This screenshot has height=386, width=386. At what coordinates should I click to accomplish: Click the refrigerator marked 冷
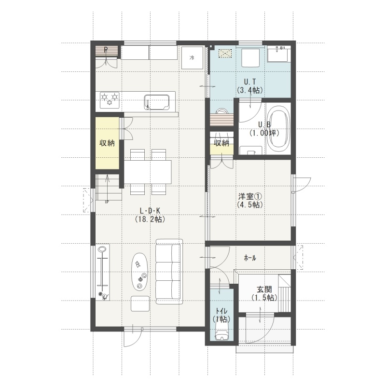[192, 58]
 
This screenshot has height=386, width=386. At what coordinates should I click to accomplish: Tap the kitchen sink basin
[157, 102]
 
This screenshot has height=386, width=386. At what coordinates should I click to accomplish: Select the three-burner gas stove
[110, 100]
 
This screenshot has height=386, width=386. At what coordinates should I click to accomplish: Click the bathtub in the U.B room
[279, 129]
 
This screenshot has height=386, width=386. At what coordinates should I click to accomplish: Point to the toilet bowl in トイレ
[221, 331]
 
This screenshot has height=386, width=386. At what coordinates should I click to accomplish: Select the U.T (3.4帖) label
[250, 85]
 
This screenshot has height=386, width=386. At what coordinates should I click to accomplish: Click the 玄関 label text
[264, 289]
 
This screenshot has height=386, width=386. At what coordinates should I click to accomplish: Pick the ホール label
[250, 258]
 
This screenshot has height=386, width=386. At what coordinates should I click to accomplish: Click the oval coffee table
[140, 272]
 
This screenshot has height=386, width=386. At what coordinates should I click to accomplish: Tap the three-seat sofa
[169, 272]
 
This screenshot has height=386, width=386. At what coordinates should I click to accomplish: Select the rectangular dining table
[148, 172]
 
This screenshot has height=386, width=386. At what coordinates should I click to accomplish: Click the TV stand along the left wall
[102, 272]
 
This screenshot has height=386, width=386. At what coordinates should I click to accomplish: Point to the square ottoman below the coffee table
[140, 303]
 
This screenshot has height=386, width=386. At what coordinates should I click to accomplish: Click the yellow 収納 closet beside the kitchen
[107, 143]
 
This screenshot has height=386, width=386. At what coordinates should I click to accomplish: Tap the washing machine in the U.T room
[250, 58]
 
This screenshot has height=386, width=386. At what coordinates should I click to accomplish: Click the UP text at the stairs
[107, 202]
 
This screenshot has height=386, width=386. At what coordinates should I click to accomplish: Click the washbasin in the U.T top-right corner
[279, 54]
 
